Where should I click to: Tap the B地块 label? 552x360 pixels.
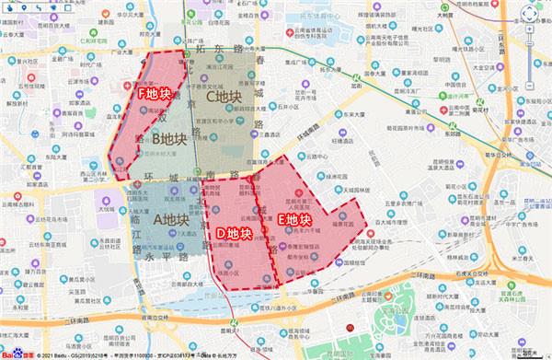coord(170,139)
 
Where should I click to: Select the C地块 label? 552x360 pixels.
coord(224,96)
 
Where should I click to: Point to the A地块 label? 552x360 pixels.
coord(169,219)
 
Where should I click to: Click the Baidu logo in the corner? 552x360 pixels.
coord(13,352)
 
